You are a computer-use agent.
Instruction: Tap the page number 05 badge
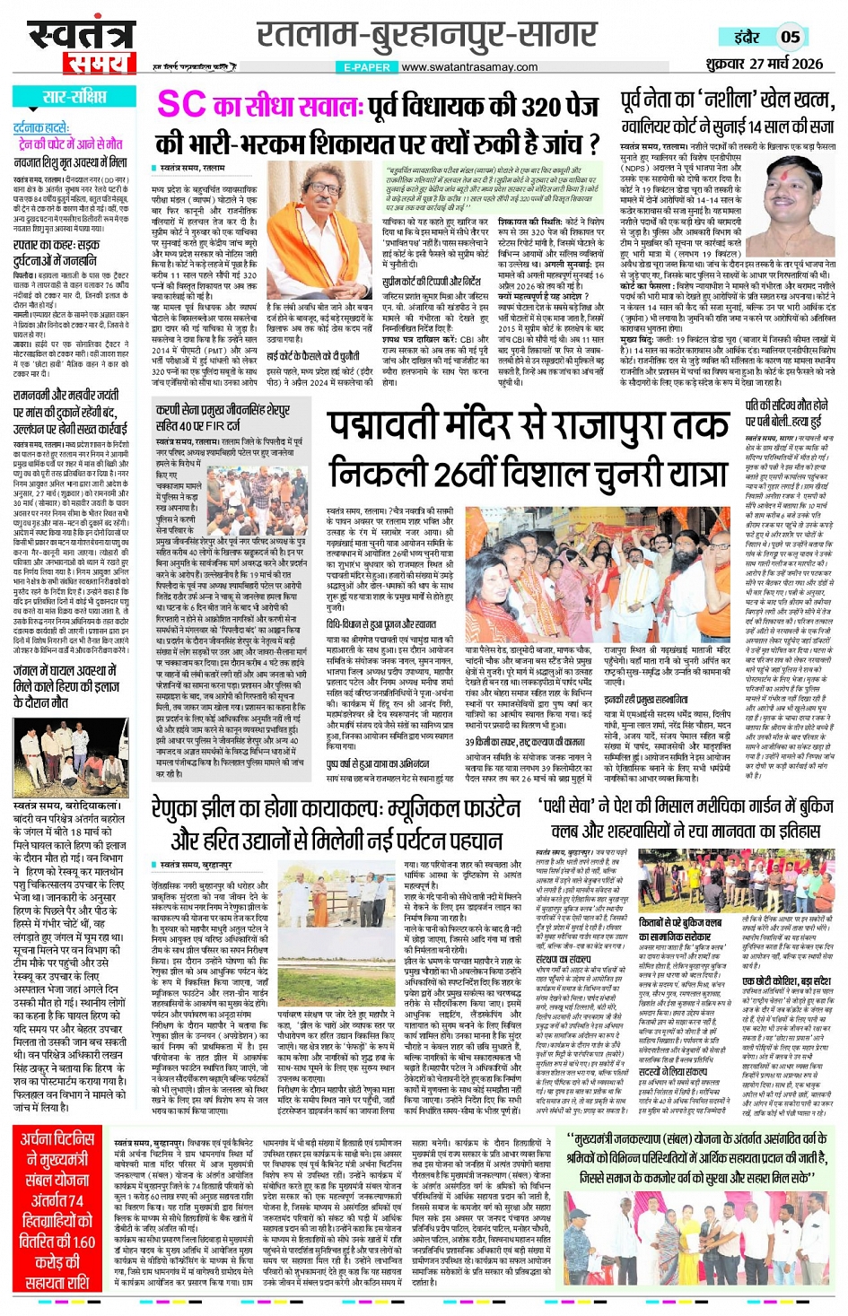point(790,37)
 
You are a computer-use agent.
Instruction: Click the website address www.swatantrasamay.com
point(469,67)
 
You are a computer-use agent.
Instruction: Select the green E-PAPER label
point(368,67)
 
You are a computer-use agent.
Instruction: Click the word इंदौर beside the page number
point(747,38)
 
